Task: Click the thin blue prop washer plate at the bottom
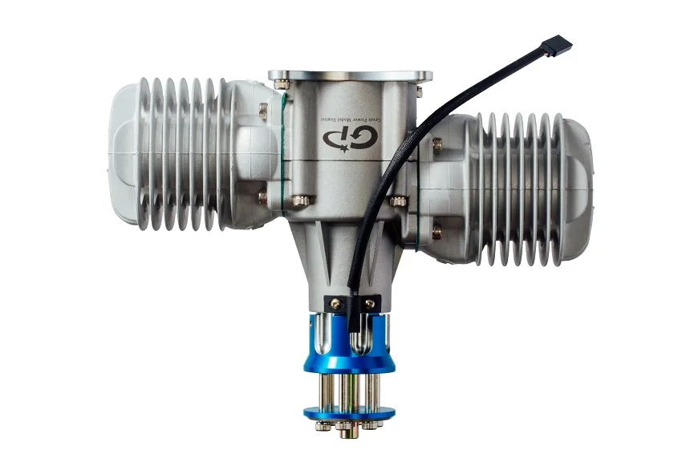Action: pyautogui.click(x=349, y=413)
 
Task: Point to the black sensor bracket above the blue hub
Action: pyautogui.click(x=351, y=303)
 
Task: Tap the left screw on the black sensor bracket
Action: pyautogui.click(x=331, y=303)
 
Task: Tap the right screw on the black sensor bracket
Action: pyautogui.click(x=370, y=303)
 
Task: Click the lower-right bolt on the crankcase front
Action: pyautogui.click(x=399, y=201)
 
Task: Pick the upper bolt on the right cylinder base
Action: pyautogui.click(x=436, y=144)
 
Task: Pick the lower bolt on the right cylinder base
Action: pyautogui.click(x=436, y=233)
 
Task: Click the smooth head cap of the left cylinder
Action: pyautogui.click(x=123, y=152)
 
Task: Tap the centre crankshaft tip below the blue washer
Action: pyautogui.click(x=347, y=432)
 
